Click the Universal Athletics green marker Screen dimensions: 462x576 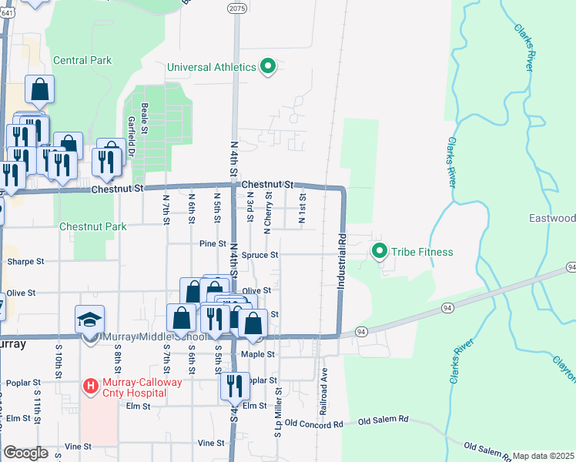(268, 67)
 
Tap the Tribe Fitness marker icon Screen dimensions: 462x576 (379, 252)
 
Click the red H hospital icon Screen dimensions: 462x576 (91, 385)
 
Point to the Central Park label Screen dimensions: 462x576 (82, 60)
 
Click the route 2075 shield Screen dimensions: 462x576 (237, 7)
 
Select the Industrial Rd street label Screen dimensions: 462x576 (341, 263)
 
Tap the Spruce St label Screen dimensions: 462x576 (259, 254)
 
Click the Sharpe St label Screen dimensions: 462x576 (25, 262)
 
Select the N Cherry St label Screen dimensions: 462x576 (267, 213)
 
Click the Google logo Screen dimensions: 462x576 (25, 453)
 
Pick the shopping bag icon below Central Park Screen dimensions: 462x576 (39, 89)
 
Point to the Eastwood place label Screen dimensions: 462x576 (552, 219)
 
